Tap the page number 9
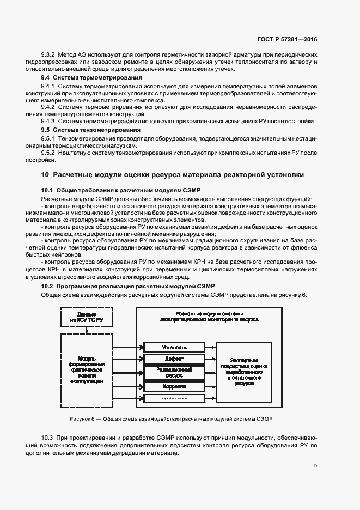pyautogui.click(x=315, y=465)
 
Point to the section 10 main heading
pyautogui.click(x=169, y=175)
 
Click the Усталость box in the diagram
pyautogui.click(x=174, y=347)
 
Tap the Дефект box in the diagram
pyautogui.click(x=174, y=360)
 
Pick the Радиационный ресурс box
pyautogui.click(x=174, y=373)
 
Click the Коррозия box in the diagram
pyautogui.click(x=174, y=387)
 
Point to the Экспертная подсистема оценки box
pyautogui.click(x=243, y=372)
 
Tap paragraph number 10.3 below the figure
pyautogui.click(x=48, y=438)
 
